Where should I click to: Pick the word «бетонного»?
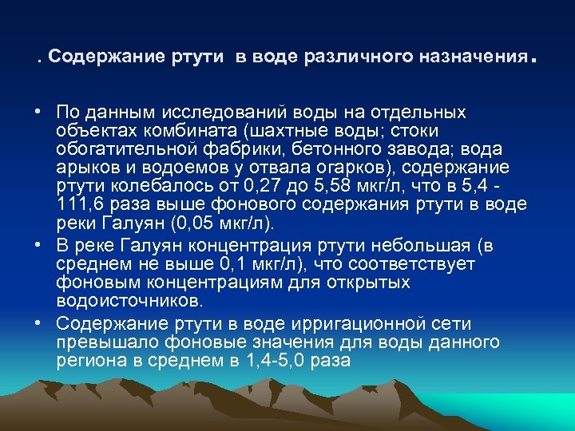pos(307,148)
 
